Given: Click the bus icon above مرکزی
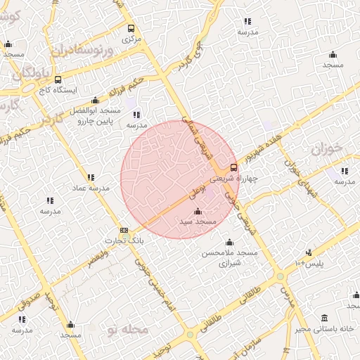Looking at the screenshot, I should point(131,29).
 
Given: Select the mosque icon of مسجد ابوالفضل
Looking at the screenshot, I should point(95,100).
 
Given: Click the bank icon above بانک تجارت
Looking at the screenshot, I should point(124,230).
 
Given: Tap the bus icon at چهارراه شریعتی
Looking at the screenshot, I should point(234,167).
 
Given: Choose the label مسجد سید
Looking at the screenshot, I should point(197,221).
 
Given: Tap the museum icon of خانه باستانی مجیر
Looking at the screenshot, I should point(324,319).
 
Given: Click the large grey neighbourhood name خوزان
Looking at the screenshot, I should point(325,149).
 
